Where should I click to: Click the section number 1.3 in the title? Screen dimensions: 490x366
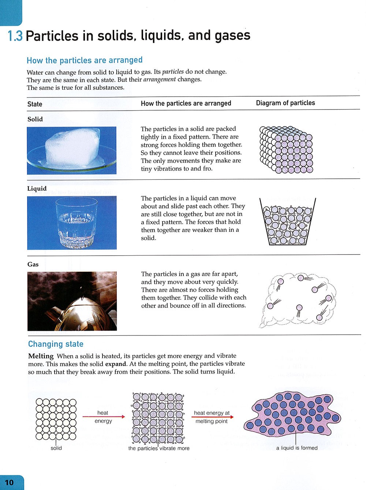(15, 36)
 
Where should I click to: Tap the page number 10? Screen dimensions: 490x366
(9, 482)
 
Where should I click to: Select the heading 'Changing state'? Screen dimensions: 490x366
(56, 344)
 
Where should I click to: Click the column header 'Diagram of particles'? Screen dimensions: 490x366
(285, 103)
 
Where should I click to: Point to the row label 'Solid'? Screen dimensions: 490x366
(35, 119)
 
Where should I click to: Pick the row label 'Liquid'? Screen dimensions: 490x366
(37, 188)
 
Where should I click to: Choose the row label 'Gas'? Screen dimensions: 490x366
(33, 264)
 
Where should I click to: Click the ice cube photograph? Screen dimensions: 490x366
(72, 150)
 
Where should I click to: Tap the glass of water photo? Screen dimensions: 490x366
(72, 223)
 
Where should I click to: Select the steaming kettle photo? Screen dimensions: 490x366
(72, 301)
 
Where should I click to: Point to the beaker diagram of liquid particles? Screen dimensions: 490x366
(288, 222)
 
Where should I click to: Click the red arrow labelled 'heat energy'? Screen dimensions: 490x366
(104, 417)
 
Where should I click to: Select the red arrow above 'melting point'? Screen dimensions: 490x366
(212, 417)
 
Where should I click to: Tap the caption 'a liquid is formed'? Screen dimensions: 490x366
(297, 448)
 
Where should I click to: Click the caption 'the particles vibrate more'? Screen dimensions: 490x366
(159, 448)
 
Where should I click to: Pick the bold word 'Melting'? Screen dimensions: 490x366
(41, 356)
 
